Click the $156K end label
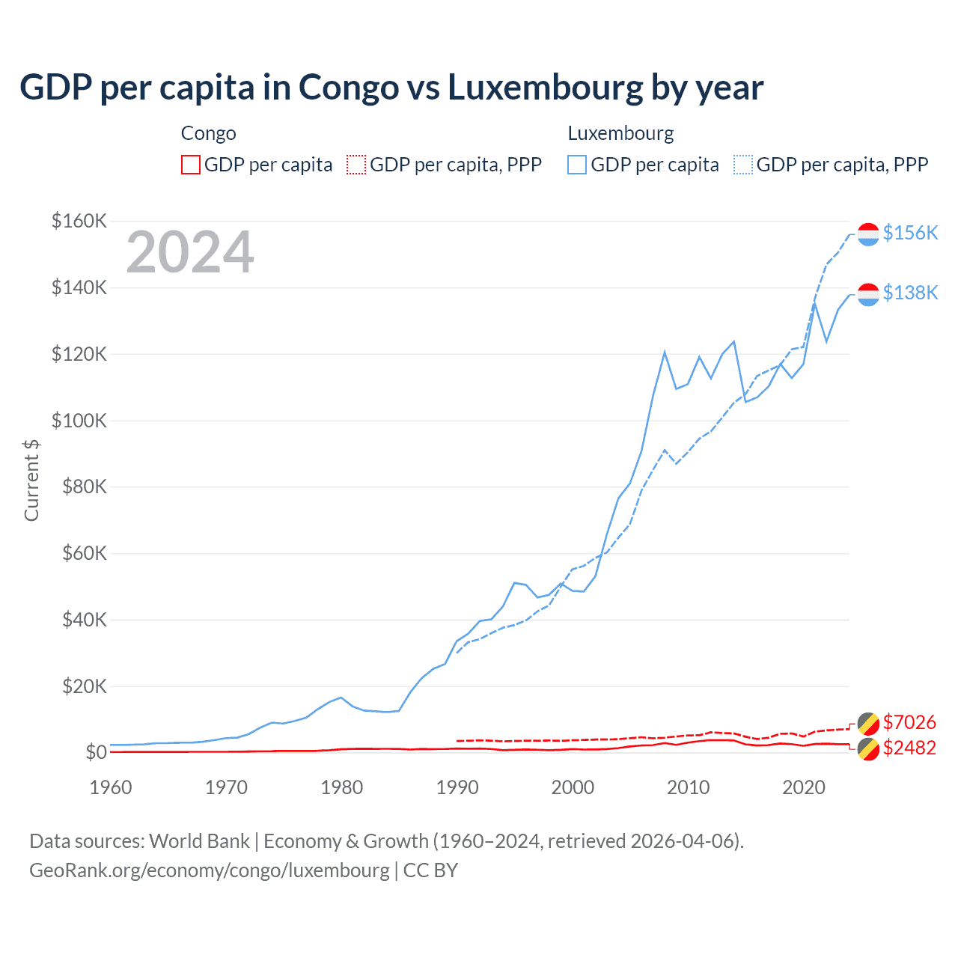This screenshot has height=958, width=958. point(910,233)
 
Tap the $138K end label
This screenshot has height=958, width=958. point(910,293)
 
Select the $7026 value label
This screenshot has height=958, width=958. point(909,722)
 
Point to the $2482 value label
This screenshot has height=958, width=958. point(909,748)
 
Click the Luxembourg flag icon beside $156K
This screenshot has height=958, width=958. point(868,234)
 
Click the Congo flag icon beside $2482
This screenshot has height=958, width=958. point(868,748)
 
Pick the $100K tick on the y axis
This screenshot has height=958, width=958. point(79,421)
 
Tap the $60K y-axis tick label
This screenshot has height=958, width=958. point(79,553)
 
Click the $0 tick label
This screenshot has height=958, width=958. point(96,752)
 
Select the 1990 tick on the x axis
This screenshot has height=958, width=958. point(457,787)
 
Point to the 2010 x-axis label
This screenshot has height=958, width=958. point(688,787)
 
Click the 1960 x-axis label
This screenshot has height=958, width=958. point(111,787)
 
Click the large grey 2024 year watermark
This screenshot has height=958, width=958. point(190,252)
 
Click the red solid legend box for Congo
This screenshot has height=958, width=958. point(191,165)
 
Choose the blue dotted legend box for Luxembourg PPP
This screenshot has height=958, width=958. point(743,165)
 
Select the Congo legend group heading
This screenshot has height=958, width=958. point(208,133)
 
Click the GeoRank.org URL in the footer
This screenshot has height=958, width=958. point(210,870)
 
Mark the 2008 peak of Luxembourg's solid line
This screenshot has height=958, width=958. point(665,352)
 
